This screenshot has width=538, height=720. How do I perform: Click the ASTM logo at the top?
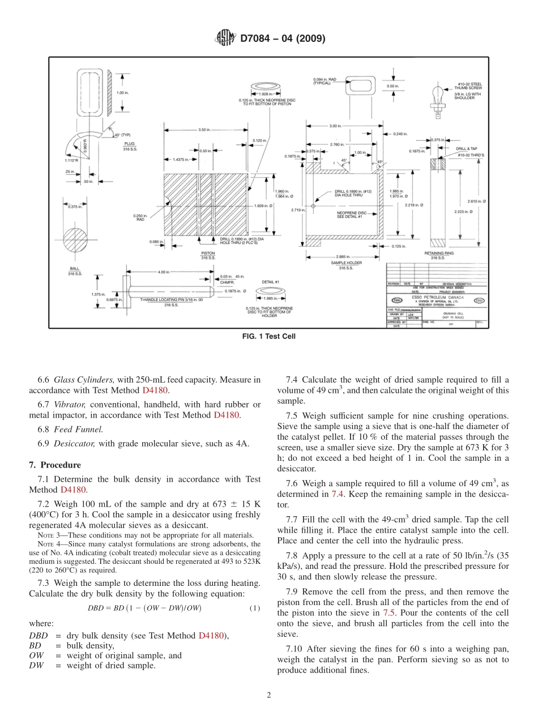pyautogui.click(x=226, y=38)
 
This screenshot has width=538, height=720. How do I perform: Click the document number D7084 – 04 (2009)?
pyautogui.click(x=282, y=38)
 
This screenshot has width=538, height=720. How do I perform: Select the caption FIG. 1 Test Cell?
pyautogui.click(x=269, y=336)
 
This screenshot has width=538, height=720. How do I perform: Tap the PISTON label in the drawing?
pyautogui.click(x=208, y=253)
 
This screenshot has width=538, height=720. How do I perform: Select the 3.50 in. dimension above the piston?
pyautogui.click(x=205, y=130)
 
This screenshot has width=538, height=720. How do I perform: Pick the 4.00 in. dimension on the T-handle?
pyautogui.click(x=164, y=272)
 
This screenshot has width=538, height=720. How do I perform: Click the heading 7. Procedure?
pyautogui.click(x=55, y=465)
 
